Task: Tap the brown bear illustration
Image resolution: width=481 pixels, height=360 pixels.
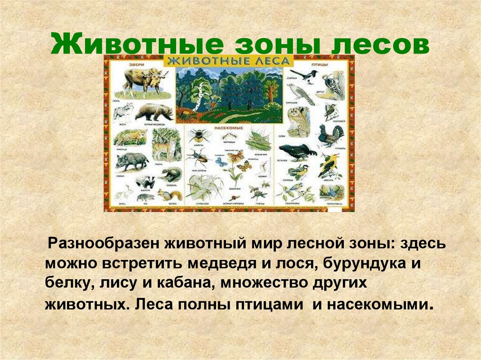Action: [x=154, y=112]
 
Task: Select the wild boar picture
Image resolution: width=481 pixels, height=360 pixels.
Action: [x=131, y=161]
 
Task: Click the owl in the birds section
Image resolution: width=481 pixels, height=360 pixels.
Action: [x=297, y=118]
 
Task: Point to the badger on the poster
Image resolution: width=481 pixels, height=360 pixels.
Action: [x=144, y=182]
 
